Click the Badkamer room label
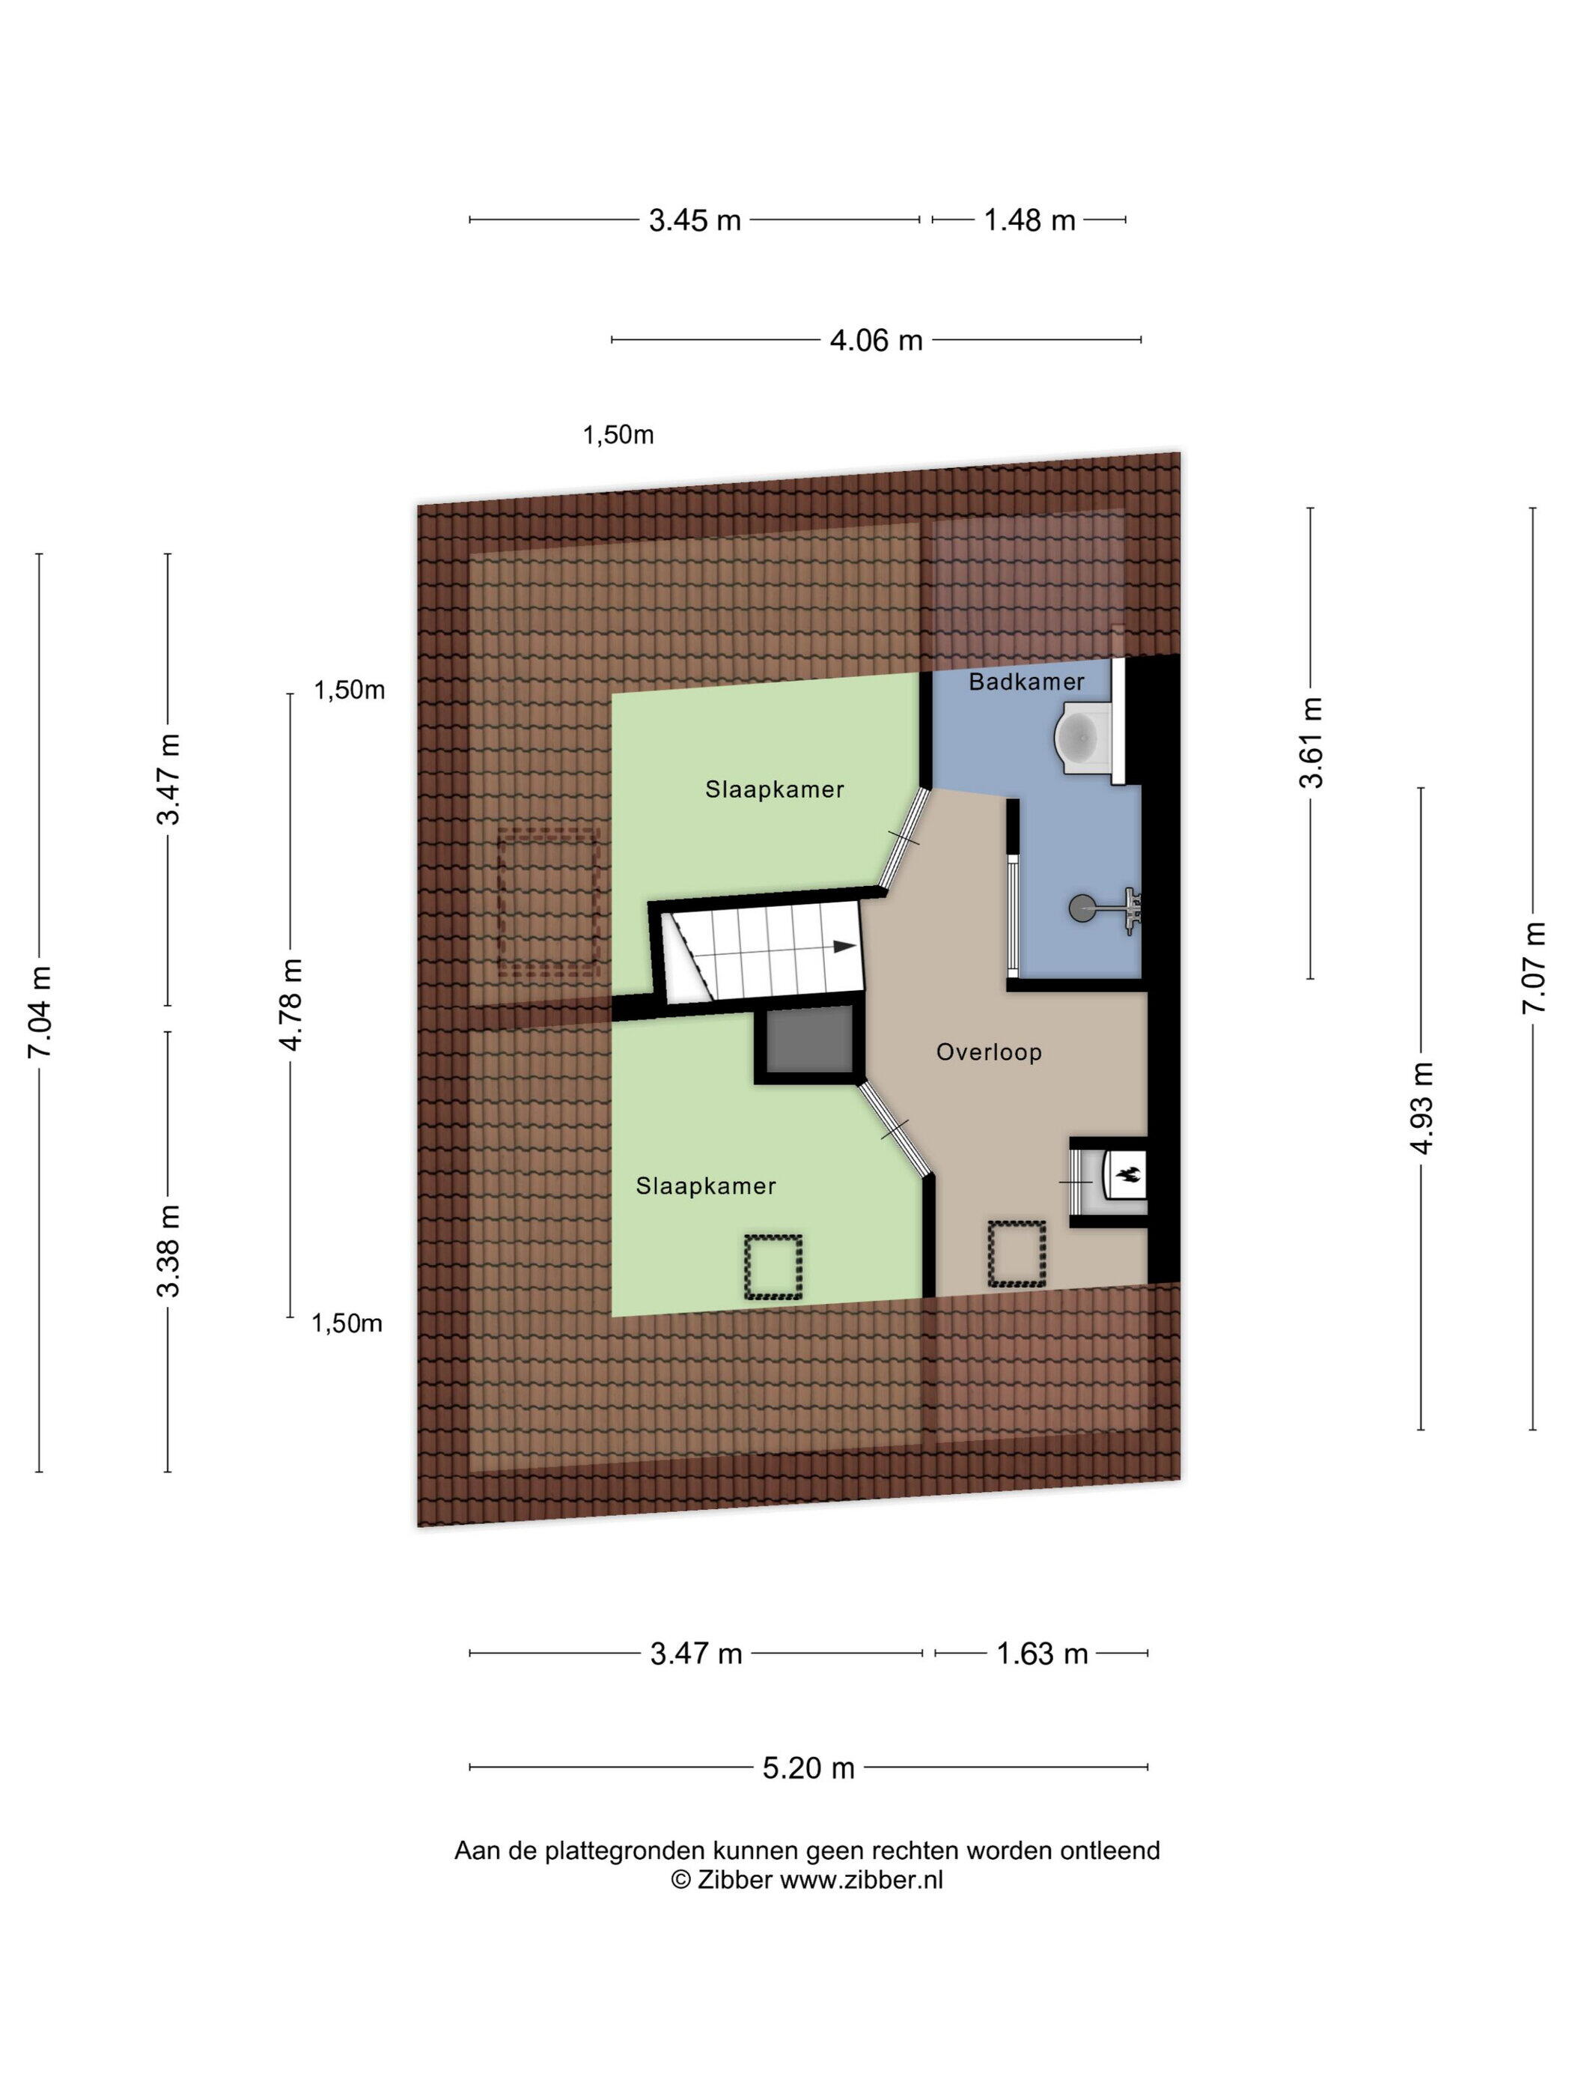(x=1026, y=682)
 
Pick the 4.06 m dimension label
(x=876, y=339)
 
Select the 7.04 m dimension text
(x=40, y=1013)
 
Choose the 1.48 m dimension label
(x=1029, y=221)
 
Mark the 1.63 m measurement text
(x=1041, y=1654)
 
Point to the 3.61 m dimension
(x=1311, y=743)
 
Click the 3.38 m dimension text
(x=168, y=1251)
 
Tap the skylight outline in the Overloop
(x=1017, y=1253)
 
